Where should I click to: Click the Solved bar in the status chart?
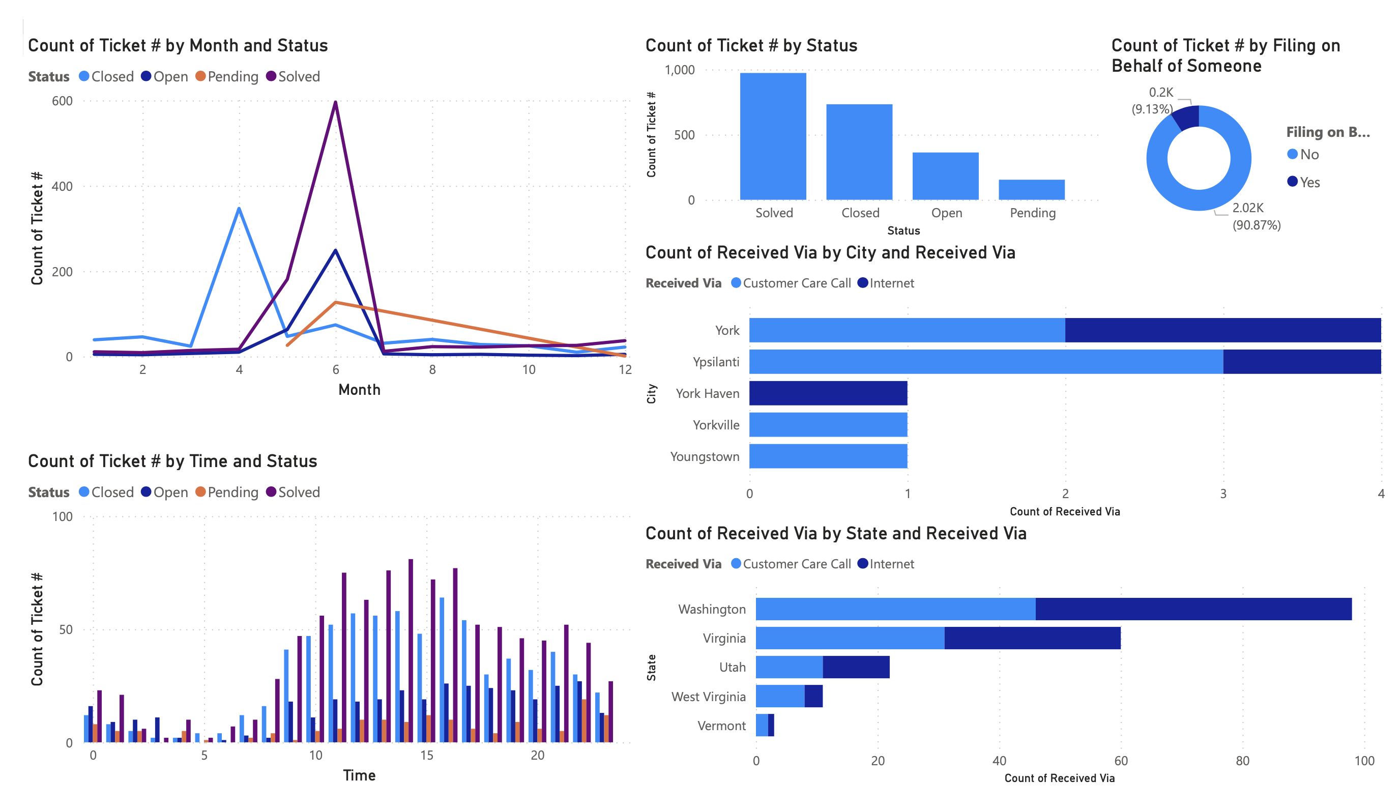click(x=773, y=136)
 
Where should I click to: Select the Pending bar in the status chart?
click(x=1031, y=189)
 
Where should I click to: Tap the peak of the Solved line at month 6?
click(x=336, y=103)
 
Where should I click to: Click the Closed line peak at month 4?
click(x=239, y=209)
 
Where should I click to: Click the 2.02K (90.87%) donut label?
click(x=1256, y=216)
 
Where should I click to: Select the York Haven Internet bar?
click(x=828, y=393)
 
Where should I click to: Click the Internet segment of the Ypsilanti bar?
click(x=1301, y=362)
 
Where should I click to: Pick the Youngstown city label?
click(x=705, y=457)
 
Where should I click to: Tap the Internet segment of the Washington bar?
click(x=1193, y=609)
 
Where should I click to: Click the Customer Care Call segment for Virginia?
click(x=850, y=638)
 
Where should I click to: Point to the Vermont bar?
click(x=765, y=725)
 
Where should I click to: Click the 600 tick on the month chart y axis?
click(x=62, y=101)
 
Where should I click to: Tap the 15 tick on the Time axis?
click(x=427, y=756)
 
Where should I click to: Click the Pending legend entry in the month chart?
click(x=227, y=77)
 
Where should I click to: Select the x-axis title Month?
click(x=359, y=390)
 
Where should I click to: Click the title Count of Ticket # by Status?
click(x=750, y=46)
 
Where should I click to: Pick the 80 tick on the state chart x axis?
click(x=1242, y=761)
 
